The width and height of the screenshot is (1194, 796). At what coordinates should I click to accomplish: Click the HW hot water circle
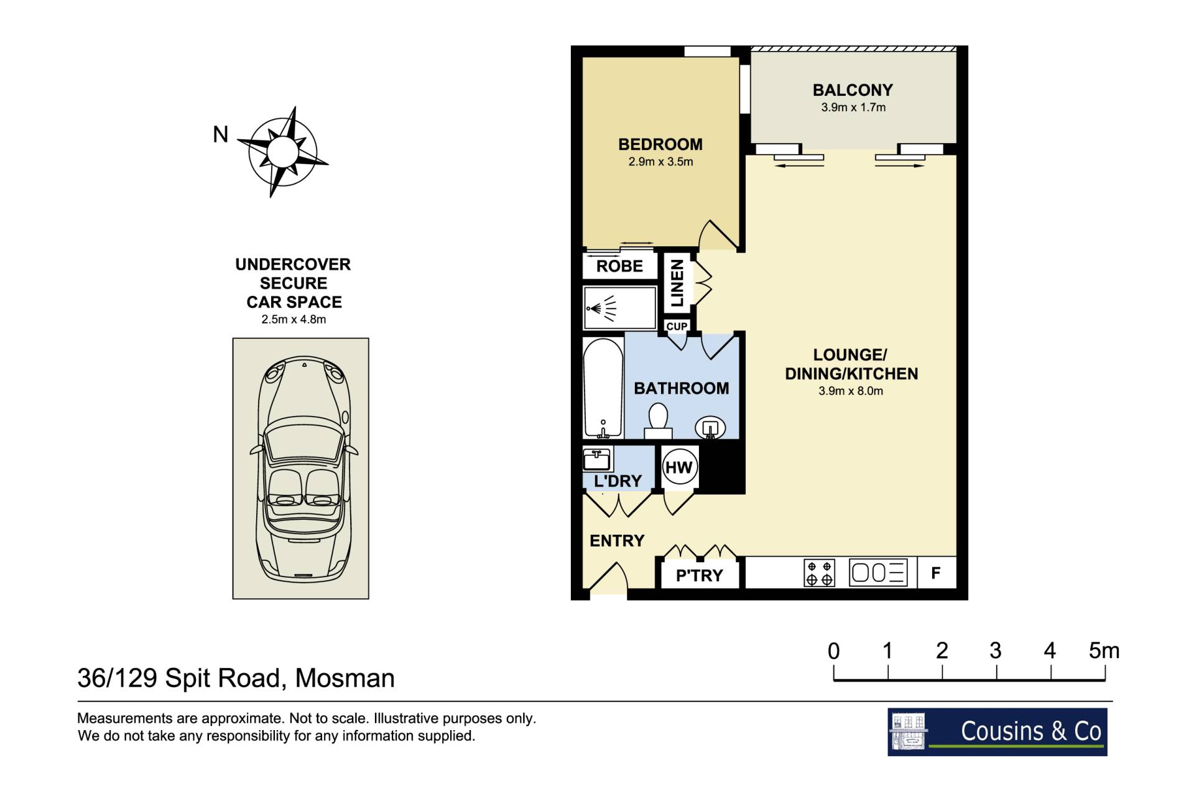[x=678, y=467]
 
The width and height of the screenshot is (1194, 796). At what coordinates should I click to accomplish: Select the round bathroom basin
[x=710, y=428]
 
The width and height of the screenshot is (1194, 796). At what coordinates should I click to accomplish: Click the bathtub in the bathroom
[x=603, y=388]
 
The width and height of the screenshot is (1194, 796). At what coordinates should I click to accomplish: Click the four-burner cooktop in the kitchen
[x=819, y=573]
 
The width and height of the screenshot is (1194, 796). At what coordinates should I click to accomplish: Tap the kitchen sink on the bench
[x=878, y=573]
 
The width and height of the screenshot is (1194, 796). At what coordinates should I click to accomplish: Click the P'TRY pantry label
[x=700, y=575]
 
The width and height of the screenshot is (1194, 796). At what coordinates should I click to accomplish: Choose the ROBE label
[x=619, y=266]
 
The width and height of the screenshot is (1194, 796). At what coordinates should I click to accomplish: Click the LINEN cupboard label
[x=677, y=283]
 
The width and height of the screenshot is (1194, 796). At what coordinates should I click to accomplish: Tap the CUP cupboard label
[x=677, y=326]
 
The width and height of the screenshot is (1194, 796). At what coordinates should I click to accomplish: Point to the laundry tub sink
[x=597, y=460]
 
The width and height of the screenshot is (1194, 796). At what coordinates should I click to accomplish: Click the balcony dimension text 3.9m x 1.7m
[x=853, y=107]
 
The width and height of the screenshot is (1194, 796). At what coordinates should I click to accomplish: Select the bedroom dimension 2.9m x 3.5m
[x=660, y=162]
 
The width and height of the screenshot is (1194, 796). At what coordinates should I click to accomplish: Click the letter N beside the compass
[x=221, y=134]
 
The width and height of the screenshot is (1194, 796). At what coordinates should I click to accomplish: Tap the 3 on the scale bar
[x=996, y=650]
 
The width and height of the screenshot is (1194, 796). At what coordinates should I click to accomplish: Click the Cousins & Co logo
[x=997, y=732]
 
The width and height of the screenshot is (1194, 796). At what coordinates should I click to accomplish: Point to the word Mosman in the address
[x=345, y=678]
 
